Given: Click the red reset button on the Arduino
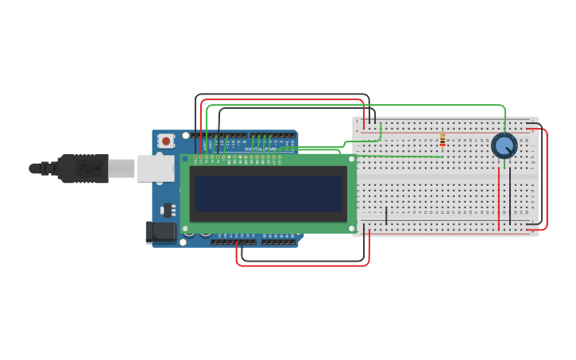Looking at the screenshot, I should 166,141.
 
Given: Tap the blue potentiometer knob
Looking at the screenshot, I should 504,145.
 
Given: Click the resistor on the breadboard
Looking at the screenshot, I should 443,140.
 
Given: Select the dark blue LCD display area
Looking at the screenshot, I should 268,193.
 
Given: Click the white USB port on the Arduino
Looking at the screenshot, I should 156,168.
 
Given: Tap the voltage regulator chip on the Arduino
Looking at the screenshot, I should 168,211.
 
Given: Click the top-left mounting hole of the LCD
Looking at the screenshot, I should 185,159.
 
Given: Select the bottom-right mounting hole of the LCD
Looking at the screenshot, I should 352,228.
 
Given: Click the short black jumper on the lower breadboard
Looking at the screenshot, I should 387,215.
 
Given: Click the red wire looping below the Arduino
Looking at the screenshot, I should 302,265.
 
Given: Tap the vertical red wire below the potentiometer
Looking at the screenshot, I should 499,199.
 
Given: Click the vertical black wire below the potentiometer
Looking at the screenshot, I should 510,195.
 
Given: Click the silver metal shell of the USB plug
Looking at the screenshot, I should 121,168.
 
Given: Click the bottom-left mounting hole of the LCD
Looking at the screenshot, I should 185,228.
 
